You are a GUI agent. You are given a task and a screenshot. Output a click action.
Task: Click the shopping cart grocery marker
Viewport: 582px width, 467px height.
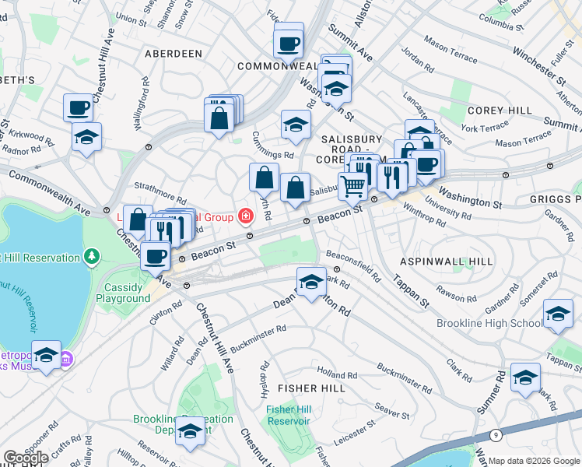pyautogui.click(x=353, y=186)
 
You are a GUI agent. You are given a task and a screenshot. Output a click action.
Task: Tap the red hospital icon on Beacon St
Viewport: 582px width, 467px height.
pyautogui.click(x=246, y=216)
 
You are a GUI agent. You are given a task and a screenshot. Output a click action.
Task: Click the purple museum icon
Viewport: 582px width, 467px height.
pyautogui.click(x=66, y=359)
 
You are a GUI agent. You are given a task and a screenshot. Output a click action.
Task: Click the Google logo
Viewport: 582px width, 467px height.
pyautogui.click(x=26, y=458)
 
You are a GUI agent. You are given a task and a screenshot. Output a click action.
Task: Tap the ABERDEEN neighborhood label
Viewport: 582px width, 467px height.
pyautogui.click(x=174, y=54)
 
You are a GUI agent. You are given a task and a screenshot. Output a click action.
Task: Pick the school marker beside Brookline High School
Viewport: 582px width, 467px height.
pyautogui.click(x=558, y=314)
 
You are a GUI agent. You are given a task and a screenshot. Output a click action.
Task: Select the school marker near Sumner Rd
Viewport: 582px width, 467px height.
pyautogui.click(x=526, y=377)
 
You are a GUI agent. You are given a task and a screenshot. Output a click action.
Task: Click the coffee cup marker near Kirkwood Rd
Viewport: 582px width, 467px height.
pyautogui.click(x=79, y=108)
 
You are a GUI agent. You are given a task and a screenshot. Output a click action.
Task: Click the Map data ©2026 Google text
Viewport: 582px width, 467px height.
pyautogui.click(x=534, y=461)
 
